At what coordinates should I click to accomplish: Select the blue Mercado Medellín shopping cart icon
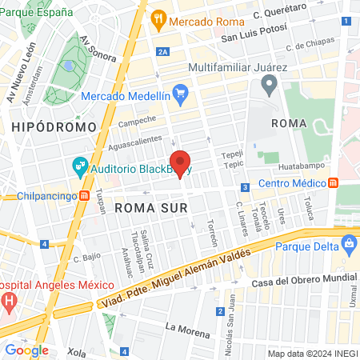pos(180,93)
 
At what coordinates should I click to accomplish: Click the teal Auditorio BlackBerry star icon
pos(79,168)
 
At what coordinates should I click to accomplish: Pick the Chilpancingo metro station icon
pos(84,195)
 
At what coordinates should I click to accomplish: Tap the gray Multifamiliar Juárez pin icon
pos(270,82)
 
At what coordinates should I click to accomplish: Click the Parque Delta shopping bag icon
pos(349,242)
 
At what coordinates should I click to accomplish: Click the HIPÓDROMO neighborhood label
pos(54,126)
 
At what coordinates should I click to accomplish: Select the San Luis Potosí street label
pos(253,37)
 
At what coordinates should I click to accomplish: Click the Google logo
pos(26,350)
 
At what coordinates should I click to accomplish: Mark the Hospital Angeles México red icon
pos(10,302)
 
